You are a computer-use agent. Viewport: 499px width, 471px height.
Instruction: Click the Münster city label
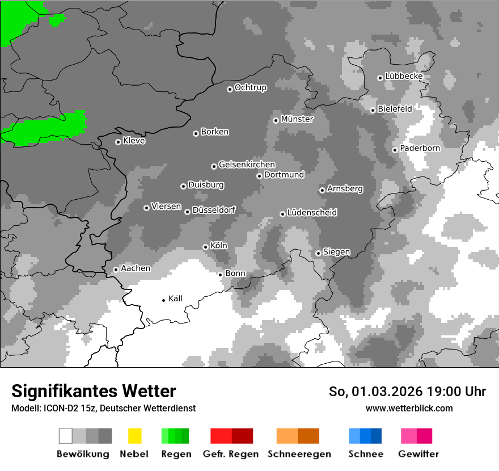click(297, 119)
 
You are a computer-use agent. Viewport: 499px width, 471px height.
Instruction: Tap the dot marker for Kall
click(164, 300)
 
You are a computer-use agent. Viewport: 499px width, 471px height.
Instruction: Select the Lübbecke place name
click(404, 76)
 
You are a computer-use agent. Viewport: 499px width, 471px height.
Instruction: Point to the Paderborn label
click(420, 148)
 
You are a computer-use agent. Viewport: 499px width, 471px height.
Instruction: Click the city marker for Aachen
click(116, 270)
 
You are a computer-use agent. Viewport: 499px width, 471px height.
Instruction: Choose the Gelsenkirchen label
click(247, 165)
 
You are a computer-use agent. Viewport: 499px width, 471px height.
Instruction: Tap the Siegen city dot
click(319, 253)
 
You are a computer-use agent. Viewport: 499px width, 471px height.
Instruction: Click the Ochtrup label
click(250, 87)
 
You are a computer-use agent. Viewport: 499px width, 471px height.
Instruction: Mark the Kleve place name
click(134, 141)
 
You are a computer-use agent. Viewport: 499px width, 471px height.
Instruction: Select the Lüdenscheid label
click(312, 212)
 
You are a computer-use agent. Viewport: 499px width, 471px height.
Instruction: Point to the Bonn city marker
click(221, 275)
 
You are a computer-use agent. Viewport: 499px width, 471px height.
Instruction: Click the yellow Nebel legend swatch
click(134, 436)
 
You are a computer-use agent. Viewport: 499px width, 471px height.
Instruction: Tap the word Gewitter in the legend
click(418, 454)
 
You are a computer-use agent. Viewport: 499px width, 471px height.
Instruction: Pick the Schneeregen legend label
click(299, 454)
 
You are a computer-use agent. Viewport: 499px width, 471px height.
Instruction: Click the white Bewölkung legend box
click(66, 436)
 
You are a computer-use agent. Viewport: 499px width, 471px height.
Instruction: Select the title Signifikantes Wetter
click(94, 391)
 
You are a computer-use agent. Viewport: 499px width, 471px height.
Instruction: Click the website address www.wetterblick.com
click(409, 408)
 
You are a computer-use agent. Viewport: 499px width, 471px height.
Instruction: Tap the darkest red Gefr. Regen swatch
click(242, 436)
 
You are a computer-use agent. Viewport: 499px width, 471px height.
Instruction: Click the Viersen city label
click(166, 207)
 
